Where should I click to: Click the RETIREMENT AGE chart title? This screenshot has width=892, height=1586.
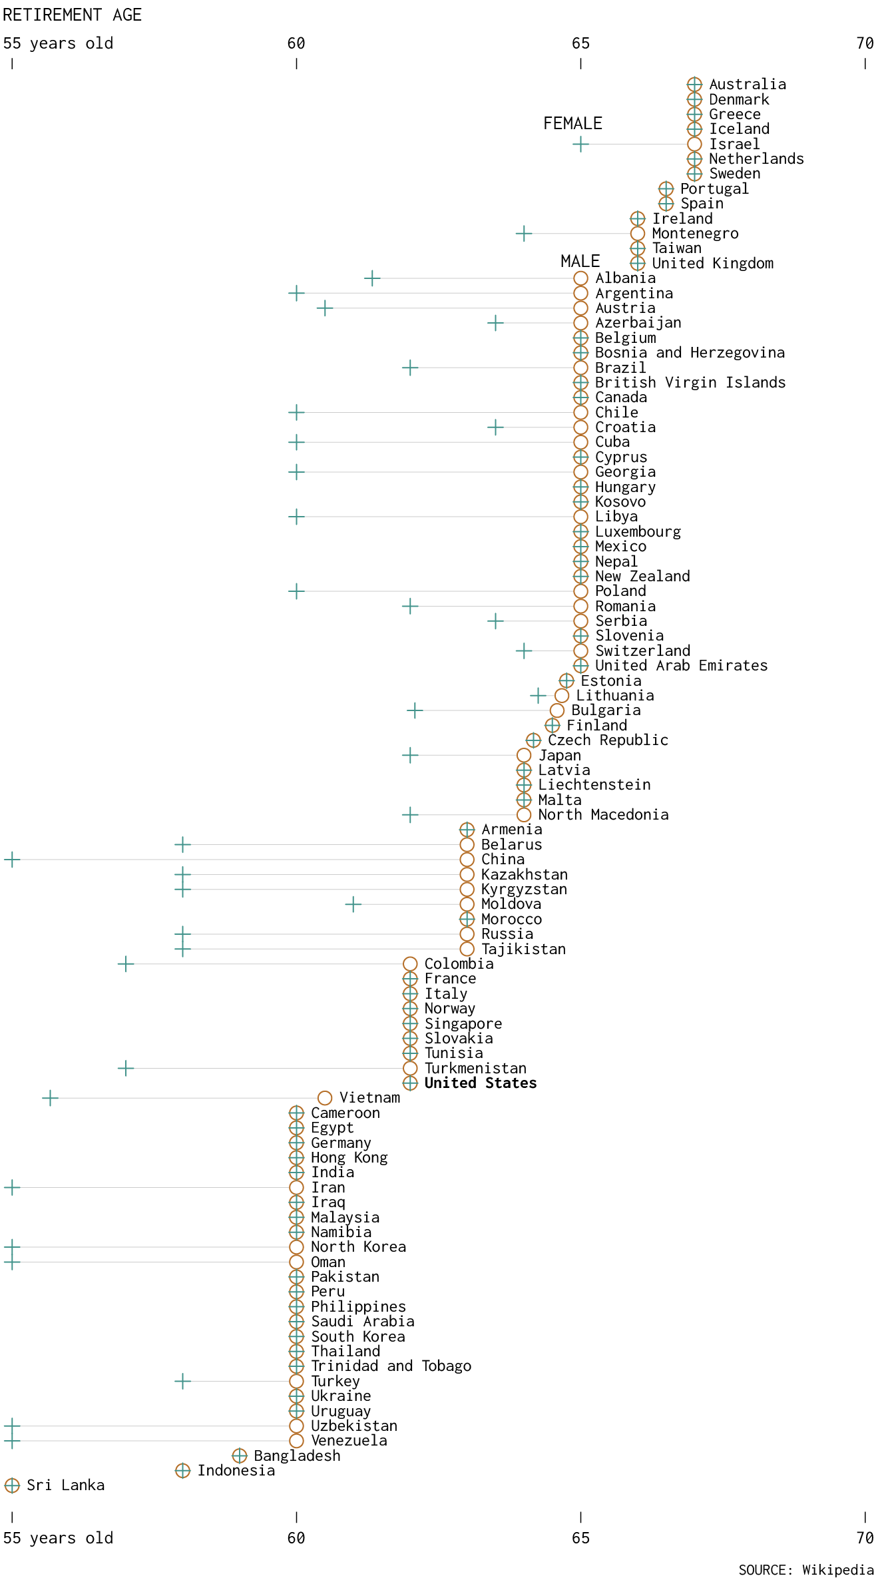(x=72, y=15)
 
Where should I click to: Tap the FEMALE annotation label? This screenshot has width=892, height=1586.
(x=572, y=123)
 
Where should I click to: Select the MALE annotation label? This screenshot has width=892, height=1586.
(x=580, y=261)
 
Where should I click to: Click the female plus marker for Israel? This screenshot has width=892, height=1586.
(x=580, y=144)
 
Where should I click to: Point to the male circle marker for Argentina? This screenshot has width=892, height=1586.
(x=580, y=293)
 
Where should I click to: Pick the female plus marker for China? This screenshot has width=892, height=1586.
(x=12, y=860)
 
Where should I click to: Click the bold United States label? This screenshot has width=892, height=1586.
(x=480, y=1083)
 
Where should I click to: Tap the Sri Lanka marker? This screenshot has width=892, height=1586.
(x=12, y=1485)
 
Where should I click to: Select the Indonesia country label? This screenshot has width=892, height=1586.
(x=236, y=1470)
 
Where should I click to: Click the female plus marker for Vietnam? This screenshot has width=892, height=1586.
(x=50, y=1098)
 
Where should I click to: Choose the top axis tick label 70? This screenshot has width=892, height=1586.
(x=865, y=43)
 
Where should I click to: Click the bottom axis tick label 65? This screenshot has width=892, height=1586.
(x=580, y=1537)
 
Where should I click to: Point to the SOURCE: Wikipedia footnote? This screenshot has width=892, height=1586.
(x=805, y=1570)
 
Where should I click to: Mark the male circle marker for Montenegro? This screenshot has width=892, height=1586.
(x=637, y=233)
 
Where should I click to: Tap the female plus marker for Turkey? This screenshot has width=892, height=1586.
(x=182, y=1381)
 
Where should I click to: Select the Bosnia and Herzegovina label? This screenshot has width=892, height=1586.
(x=690, y=352)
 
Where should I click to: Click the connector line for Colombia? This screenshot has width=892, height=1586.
(x=266, y=963)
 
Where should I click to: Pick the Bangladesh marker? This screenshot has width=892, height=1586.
(x=240, y=1455)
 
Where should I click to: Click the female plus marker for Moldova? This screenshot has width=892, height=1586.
(x=353, y=904)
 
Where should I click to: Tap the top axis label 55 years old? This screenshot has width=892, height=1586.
(x=58, y=43)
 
